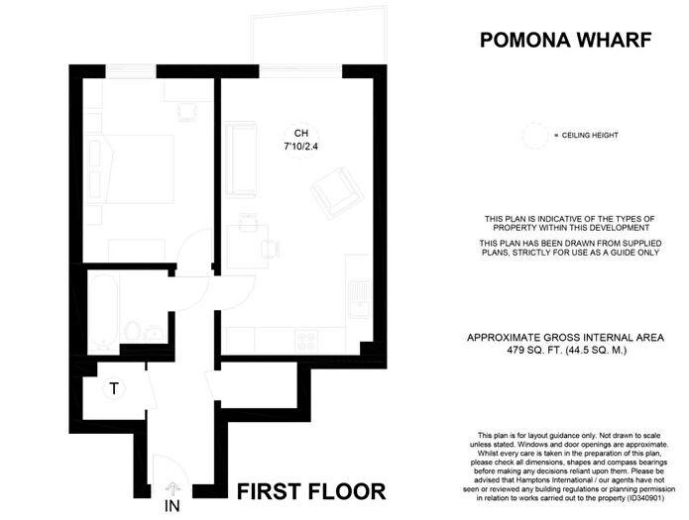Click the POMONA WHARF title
(x=565, y=40)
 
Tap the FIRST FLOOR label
(x=311, y=491)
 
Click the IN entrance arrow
(x=172, y=488)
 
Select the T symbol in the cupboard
(x=114, y=388)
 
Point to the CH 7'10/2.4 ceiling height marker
(x=301, y=140)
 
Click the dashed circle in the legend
(x=535, y=136)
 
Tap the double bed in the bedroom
(x=131, y=169)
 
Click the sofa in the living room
(x=240, y=159)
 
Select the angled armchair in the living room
(x=337, y=193)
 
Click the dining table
(x=248, y=247)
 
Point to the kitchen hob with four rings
(x=306, y=341)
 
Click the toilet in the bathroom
(x=132, y=331)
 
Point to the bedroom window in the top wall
(x=131, y=70)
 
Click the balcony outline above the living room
(x=319, y=35)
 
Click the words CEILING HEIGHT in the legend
(x=590, y=136)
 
